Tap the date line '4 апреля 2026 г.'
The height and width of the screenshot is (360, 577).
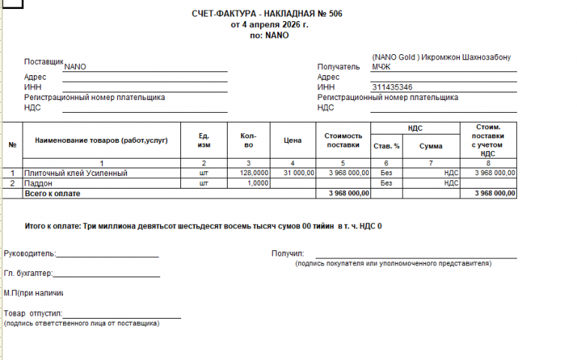tap(274, 24)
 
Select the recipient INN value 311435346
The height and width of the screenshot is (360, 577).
tap(391, 87)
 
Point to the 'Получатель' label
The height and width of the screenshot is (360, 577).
tap(339, 67)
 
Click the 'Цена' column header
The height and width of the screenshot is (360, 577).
tap(292, 140)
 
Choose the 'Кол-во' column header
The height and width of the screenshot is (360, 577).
tap(248, 140)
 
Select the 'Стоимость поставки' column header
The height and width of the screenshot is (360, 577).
tap(343, 140)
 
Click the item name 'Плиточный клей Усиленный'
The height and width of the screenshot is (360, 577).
tap(76, 173)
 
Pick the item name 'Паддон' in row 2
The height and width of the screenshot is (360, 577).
tap(39, 183)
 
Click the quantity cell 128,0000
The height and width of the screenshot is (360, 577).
tap(253, 173)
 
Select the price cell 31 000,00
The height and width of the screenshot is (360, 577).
tap(298, 173)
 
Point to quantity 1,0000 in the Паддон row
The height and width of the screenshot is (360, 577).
tap(257, 183)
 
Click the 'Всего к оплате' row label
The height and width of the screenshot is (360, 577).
tap(53, 193)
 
